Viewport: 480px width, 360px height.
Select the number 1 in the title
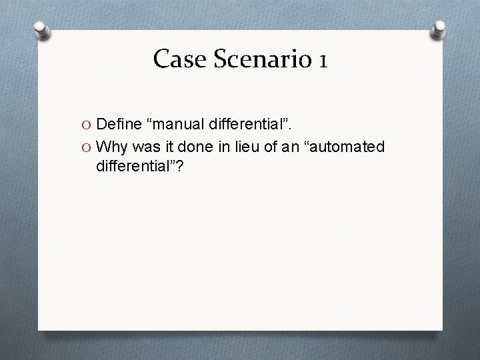pos(323,59)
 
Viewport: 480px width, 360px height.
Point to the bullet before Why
pos(87,146)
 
